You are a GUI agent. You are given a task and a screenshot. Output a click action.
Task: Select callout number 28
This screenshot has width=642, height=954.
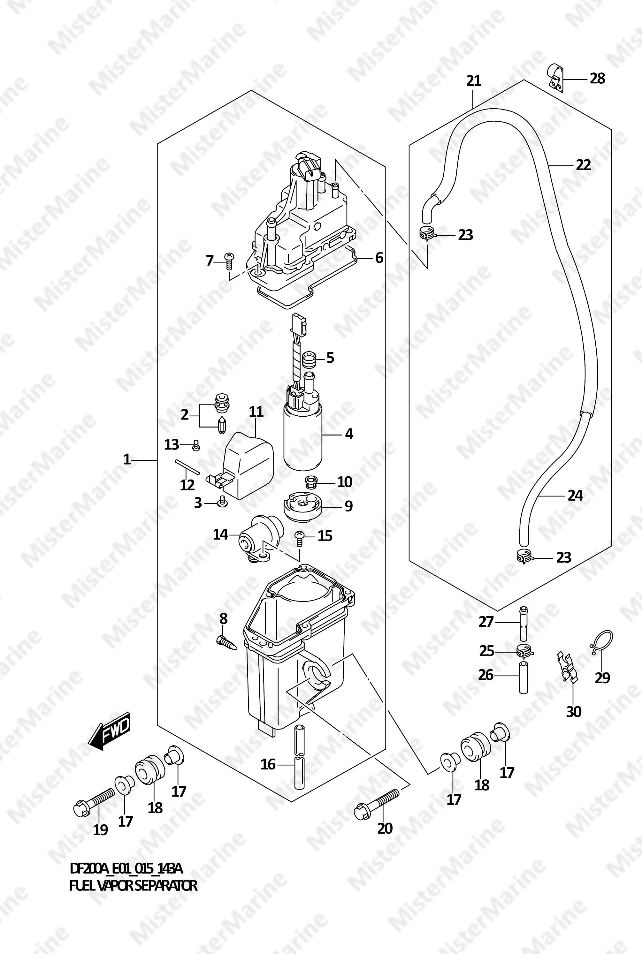click(x=597, y=78)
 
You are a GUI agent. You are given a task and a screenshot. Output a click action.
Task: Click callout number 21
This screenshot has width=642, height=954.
click(x=473, y=81)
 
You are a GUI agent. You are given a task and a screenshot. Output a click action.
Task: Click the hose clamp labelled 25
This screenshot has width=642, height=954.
click(x=524, y=649)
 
